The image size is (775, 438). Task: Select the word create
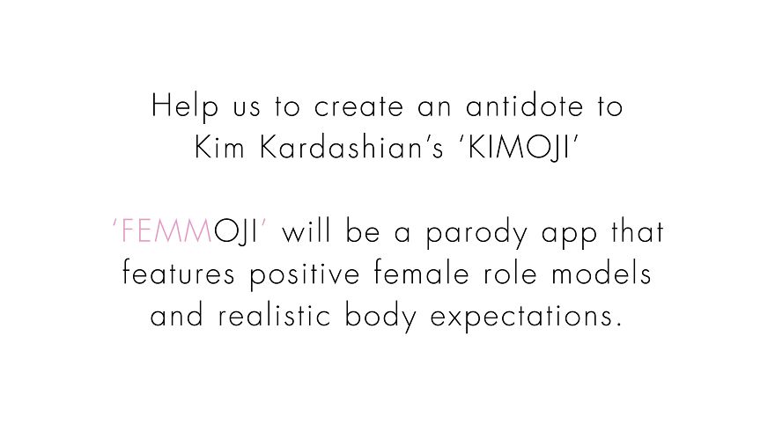click(x=360, y=107)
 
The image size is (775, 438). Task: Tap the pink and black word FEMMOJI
click(x=191, y=232)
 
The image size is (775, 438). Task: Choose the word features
click(x=180, y=274)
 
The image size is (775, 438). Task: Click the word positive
click(x=304, y=274)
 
